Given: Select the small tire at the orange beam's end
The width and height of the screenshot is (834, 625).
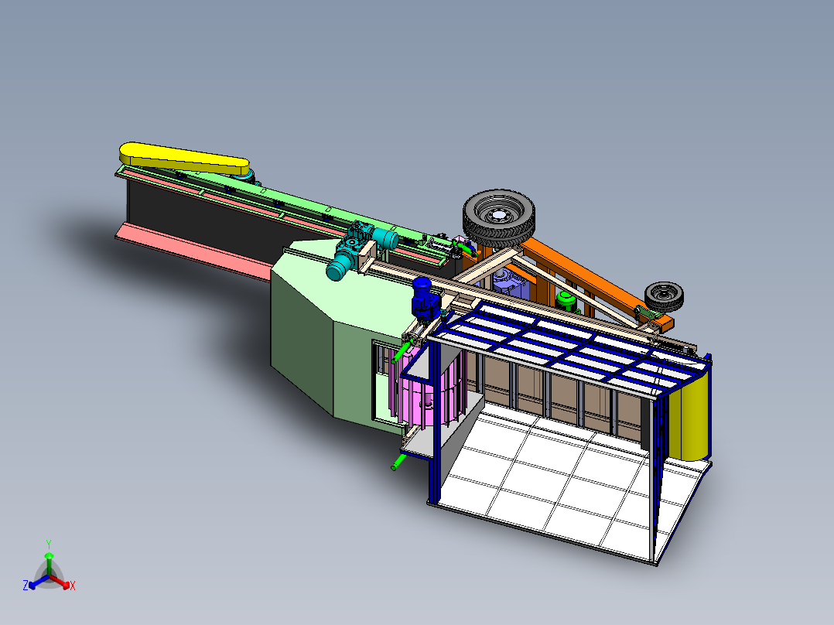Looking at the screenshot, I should (665, 295).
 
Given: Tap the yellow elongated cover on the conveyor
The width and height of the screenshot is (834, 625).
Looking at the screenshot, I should (186, 159).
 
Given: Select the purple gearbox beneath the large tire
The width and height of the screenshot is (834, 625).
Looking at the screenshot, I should (511, 285).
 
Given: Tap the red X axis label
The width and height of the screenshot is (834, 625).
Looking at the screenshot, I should (73, 586).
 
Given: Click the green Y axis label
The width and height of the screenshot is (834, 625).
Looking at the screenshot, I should (48, 544).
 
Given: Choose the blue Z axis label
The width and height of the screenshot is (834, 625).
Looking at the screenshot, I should (26, 586).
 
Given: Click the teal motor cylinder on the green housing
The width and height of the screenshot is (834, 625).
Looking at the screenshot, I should (339, 267).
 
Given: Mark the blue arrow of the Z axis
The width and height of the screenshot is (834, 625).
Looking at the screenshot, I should (36, 584).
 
